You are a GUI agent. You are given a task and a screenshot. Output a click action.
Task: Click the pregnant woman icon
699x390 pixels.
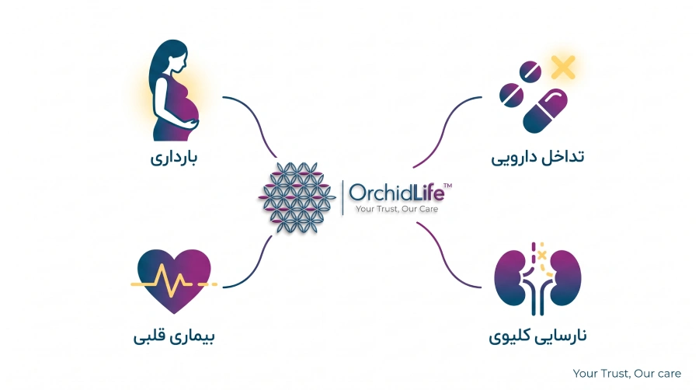pyautogui.click(x=174, y=92)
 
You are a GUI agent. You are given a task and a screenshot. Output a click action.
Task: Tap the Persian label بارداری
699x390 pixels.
pyautogui.click(x=174, y=158)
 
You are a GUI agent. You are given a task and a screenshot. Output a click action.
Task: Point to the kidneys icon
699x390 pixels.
pyautogui.click(x=537, y=279)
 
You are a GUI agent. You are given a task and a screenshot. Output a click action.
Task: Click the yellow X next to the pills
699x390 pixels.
pyautogui.click(x=563, y=68)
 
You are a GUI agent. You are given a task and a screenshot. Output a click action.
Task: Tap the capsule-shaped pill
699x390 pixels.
pyautogui.click(x=544, y=111)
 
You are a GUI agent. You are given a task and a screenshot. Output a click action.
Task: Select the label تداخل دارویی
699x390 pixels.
pyautogui.click(x=537, y=158)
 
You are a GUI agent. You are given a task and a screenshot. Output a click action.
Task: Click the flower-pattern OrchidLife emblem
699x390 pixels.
pyautogui.click(x=297, y=197)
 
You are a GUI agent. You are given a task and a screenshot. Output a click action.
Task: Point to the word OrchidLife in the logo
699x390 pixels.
pyautogui.click(x=396, y=193)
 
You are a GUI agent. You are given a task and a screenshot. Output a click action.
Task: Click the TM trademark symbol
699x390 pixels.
pyautogui.click(x=447, y=186)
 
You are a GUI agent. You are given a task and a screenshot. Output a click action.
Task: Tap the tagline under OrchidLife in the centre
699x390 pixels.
pyautogui.click(x=397, y=209)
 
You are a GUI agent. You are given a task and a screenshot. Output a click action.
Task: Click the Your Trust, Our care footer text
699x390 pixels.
pyautogui.click(x=627, y=374)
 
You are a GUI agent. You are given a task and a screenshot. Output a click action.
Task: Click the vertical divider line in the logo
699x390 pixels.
pyautogui.click(x=343, y=198)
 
